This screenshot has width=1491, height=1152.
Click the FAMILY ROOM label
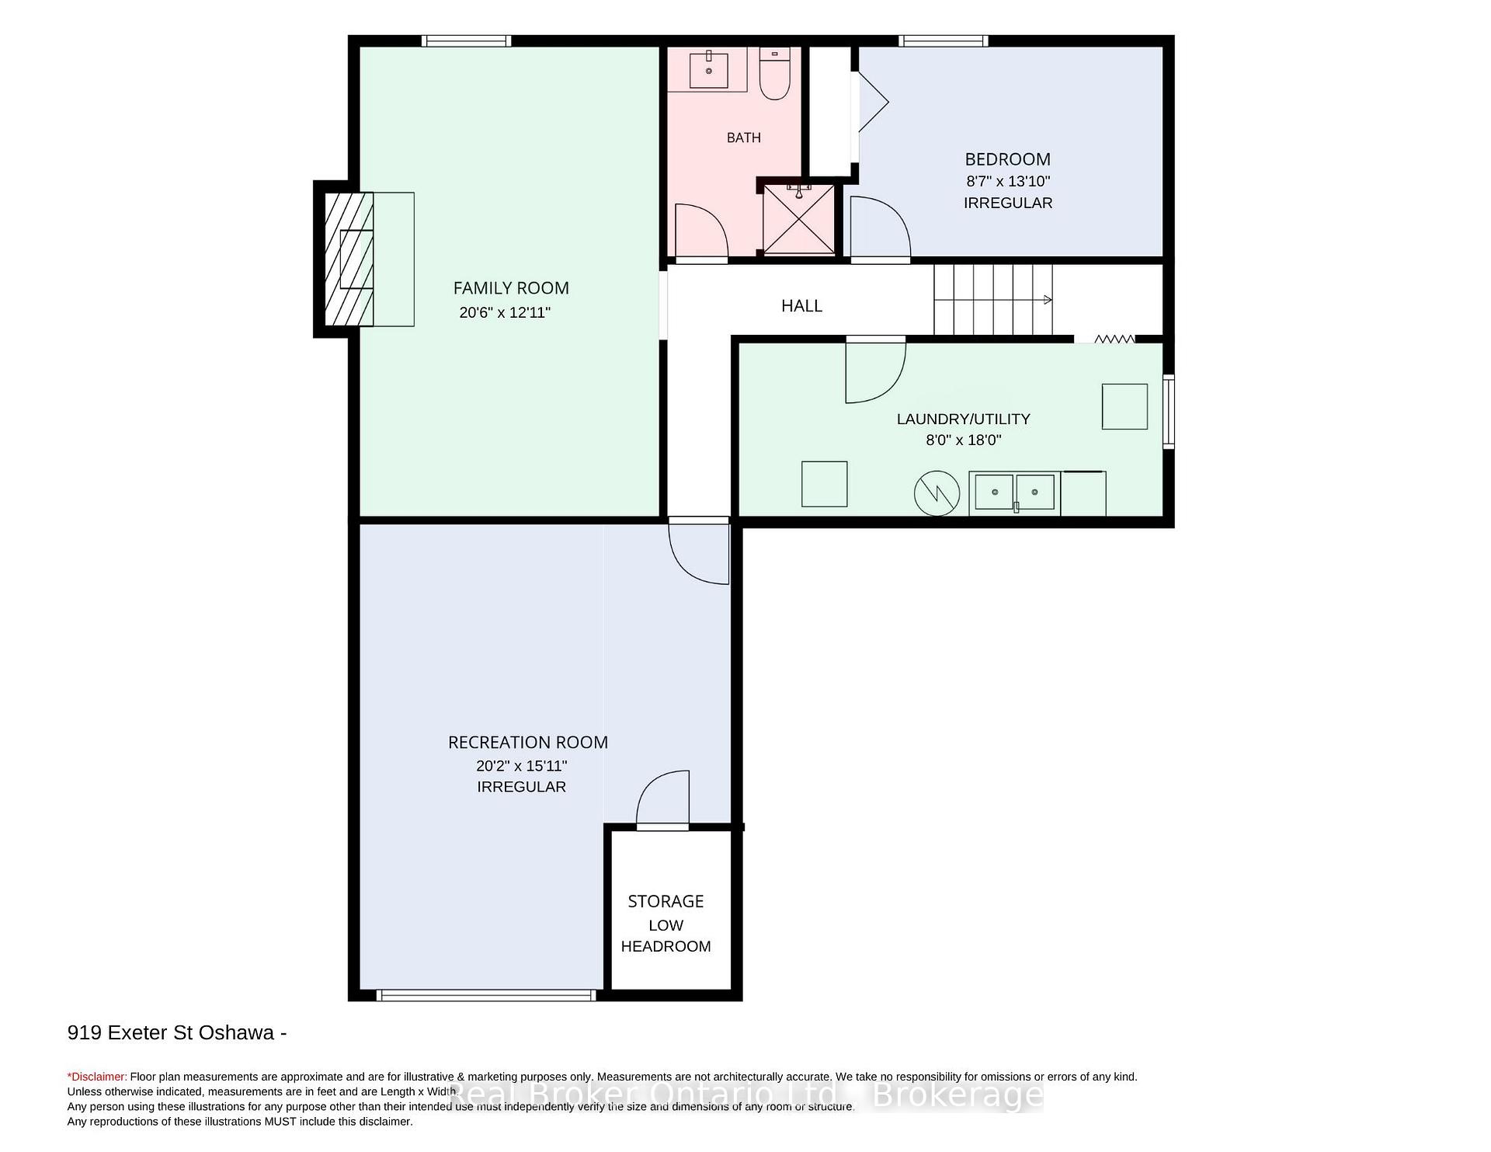(511, 288)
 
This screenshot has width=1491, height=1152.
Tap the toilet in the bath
(774, 73)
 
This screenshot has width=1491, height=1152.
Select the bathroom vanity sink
(709, 69)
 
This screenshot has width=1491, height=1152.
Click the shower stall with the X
(798, 219)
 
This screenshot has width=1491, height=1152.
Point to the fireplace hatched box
(349, 259)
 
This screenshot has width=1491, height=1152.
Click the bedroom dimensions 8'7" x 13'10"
(1008, 182)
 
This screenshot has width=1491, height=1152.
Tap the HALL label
(801, 306)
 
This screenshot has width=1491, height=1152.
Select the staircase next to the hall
(993, 300)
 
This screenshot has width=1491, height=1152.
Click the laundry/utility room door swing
(875, 372)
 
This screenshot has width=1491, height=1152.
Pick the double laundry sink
(1014, 492)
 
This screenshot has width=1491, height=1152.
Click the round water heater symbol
(937, 492)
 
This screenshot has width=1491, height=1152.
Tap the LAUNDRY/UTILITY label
(964, 419)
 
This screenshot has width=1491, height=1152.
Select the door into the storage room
(662, 799)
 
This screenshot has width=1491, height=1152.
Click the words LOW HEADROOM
(666, 936)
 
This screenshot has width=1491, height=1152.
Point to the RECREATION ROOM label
(528, 743)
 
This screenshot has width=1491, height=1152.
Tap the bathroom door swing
(701, 231)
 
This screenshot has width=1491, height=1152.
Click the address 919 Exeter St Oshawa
(171, 1033)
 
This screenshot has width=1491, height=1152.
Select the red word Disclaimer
(98, 1077)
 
